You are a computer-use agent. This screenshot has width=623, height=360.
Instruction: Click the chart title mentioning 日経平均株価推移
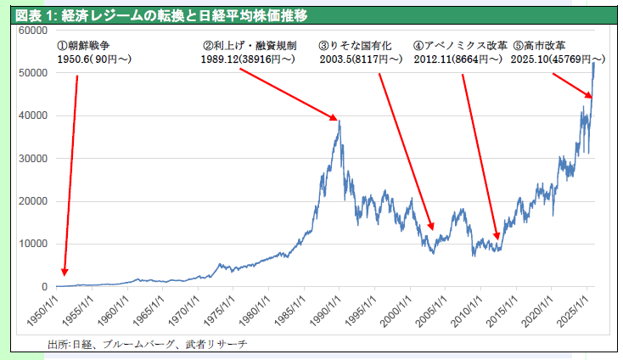pos(161,14)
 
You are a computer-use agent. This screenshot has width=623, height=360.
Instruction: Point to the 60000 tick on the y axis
pos(31,31)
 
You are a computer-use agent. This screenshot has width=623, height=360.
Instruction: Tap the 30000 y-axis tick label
pos(31,159)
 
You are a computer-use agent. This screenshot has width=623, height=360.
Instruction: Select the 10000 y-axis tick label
pos(31,244)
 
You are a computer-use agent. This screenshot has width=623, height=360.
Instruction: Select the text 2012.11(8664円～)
pos(458,59)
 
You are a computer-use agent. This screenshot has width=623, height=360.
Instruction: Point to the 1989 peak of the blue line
pos(339,121)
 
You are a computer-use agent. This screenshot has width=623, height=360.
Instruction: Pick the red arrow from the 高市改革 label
pos(571,85)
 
